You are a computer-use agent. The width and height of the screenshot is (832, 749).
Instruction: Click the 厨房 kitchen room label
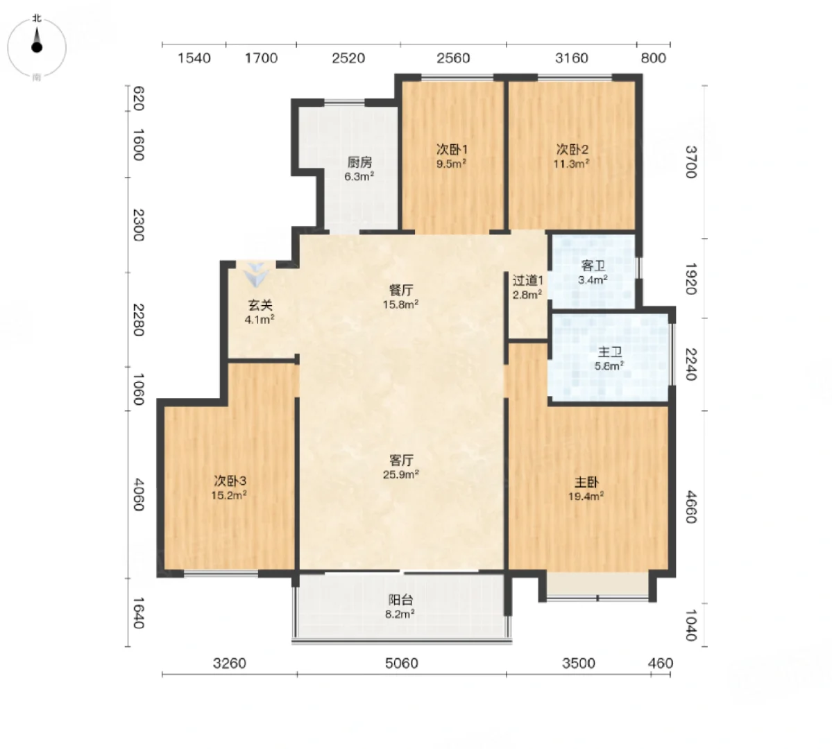tap(359, 162)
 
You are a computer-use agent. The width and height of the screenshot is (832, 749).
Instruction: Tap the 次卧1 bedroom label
tap(452, 149)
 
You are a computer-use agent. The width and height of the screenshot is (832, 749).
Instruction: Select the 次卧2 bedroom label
tap(572, 149)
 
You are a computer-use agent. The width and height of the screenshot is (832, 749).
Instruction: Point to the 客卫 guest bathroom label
tap(593, 265)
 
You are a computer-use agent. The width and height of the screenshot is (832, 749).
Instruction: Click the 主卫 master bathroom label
tap(610, 352)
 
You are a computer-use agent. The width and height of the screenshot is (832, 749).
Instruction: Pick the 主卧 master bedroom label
tap(586, 482)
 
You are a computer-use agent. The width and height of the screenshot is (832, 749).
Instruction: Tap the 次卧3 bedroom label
tap(230, 481)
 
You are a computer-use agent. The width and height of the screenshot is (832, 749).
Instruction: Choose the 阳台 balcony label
tap(400, 600)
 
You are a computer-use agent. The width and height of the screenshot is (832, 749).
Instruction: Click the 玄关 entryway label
tap(260, 305)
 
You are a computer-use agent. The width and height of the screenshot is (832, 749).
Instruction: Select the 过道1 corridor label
tap(527, 280)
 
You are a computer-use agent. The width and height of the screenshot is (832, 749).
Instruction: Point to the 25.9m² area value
tap(400, 474)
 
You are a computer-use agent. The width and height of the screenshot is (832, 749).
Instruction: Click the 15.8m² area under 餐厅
tap(400, 304)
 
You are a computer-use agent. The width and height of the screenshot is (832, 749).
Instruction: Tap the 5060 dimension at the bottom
tap(402, 663)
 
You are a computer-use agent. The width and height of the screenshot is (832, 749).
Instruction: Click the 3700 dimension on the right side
tap(690, 162)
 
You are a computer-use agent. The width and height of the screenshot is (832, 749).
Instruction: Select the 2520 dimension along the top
tap(348, 58)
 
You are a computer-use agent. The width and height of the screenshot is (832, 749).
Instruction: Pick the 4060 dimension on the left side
tap(138, 494)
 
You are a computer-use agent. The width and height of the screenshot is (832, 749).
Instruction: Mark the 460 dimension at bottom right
tap(661, 663)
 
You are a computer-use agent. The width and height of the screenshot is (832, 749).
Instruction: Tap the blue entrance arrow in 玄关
tap(257, 274)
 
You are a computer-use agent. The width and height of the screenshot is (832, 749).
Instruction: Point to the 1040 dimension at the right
tap(690, 625)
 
